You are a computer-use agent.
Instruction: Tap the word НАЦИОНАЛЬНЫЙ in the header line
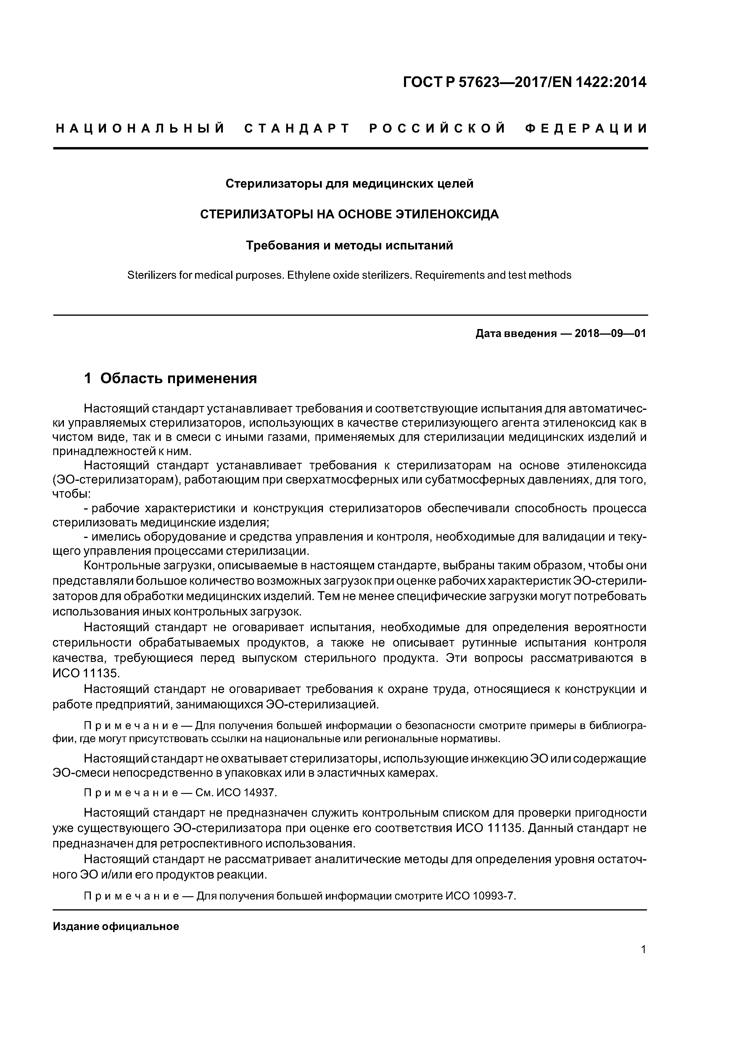pyautogui.click(x=140, y=129)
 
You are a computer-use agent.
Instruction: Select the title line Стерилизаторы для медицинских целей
pyautogui.click(x=349, y=184)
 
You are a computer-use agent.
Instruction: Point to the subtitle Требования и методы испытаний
pyautogui.click(x=349, y=246)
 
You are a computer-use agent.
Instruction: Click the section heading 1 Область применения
pyautogui.click(x=170, y=378)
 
